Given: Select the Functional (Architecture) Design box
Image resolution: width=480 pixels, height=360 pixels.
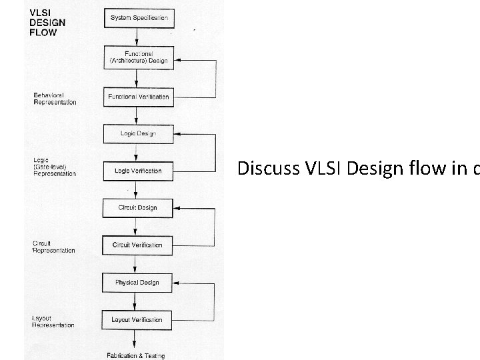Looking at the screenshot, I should [139, 57].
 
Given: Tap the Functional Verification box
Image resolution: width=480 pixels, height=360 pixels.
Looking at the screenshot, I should [139, 97].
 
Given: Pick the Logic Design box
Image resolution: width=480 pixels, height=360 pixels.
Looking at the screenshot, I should [139, 133].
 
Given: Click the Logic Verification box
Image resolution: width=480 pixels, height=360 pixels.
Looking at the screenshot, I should [139, 171].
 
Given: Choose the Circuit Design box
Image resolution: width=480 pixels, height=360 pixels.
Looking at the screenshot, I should [139, 207].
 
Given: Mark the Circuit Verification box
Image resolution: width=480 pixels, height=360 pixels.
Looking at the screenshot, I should [139, 245].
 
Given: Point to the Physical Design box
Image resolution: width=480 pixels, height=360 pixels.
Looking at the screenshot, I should [137, 282].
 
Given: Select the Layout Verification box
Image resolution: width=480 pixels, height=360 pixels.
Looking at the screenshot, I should [137, 319].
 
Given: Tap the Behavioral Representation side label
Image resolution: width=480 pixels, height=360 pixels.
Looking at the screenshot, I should [55, 99].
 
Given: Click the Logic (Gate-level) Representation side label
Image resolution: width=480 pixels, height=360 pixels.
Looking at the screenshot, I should [54, 167].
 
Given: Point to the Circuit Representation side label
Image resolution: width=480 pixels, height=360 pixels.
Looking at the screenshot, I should [53, 247].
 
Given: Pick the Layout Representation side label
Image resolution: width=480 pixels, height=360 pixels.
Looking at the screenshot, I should [54, 321].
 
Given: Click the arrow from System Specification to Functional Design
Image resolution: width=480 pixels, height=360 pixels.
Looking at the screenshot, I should [139, 37].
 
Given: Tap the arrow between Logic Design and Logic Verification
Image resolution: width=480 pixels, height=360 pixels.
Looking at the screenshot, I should [139, 152].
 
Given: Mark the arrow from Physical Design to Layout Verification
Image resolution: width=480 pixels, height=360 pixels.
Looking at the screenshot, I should [138, 301].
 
